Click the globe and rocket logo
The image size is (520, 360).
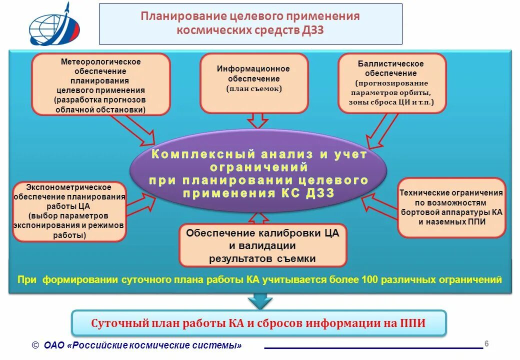54,25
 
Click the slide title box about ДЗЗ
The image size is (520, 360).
250,23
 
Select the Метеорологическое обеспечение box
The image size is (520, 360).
100,84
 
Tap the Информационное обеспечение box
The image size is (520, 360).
253,82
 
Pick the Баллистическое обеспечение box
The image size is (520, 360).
391,83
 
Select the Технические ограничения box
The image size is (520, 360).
451,206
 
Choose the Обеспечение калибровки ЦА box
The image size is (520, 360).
262,245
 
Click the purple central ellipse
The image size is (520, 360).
258,172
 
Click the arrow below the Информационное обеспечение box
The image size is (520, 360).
258,121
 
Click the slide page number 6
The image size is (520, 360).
486,343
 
